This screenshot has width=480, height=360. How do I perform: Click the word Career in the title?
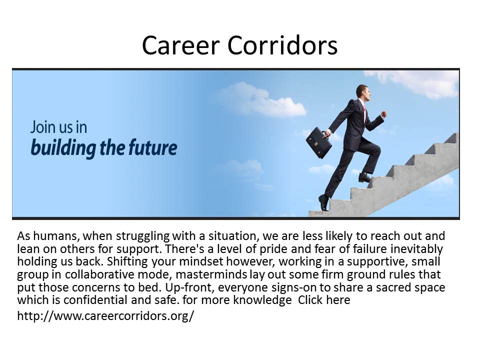pos(180,45)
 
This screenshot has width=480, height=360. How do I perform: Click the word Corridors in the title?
pos(282,45)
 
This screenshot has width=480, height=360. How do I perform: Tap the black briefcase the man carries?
pos(318,142)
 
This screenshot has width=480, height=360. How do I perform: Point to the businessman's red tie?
pos(364,113)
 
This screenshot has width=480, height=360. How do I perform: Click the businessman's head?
pos(363,93)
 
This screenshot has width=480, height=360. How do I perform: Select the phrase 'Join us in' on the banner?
pos(58,127)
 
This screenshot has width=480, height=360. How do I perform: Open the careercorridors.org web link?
pos(105,315)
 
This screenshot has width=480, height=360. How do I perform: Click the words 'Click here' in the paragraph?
pos(324,299)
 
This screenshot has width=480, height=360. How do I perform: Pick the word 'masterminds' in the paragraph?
pos(211,274)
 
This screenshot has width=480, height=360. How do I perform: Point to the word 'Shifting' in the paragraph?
pos(127,261)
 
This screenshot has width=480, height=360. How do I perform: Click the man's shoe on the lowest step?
pos(324,202)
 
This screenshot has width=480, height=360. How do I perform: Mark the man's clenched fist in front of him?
pos(383,114)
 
